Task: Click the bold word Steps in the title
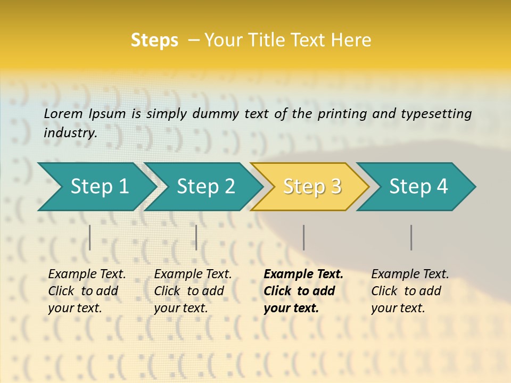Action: (154, 40)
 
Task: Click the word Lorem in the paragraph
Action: (63, 113)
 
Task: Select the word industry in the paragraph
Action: (70, 133)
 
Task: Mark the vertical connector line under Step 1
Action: (90, 237)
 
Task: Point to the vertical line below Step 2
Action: (196, 237)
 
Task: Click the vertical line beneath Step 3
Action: (303, 237)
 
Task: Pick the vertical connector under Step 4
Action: (411, 237)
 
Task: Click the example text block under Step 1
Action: (87, 291)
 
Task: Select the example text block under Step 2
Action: (193, 291)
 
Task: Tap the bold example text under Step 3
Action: (303, 291)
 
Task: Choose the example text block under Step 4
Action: (410, 291)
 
